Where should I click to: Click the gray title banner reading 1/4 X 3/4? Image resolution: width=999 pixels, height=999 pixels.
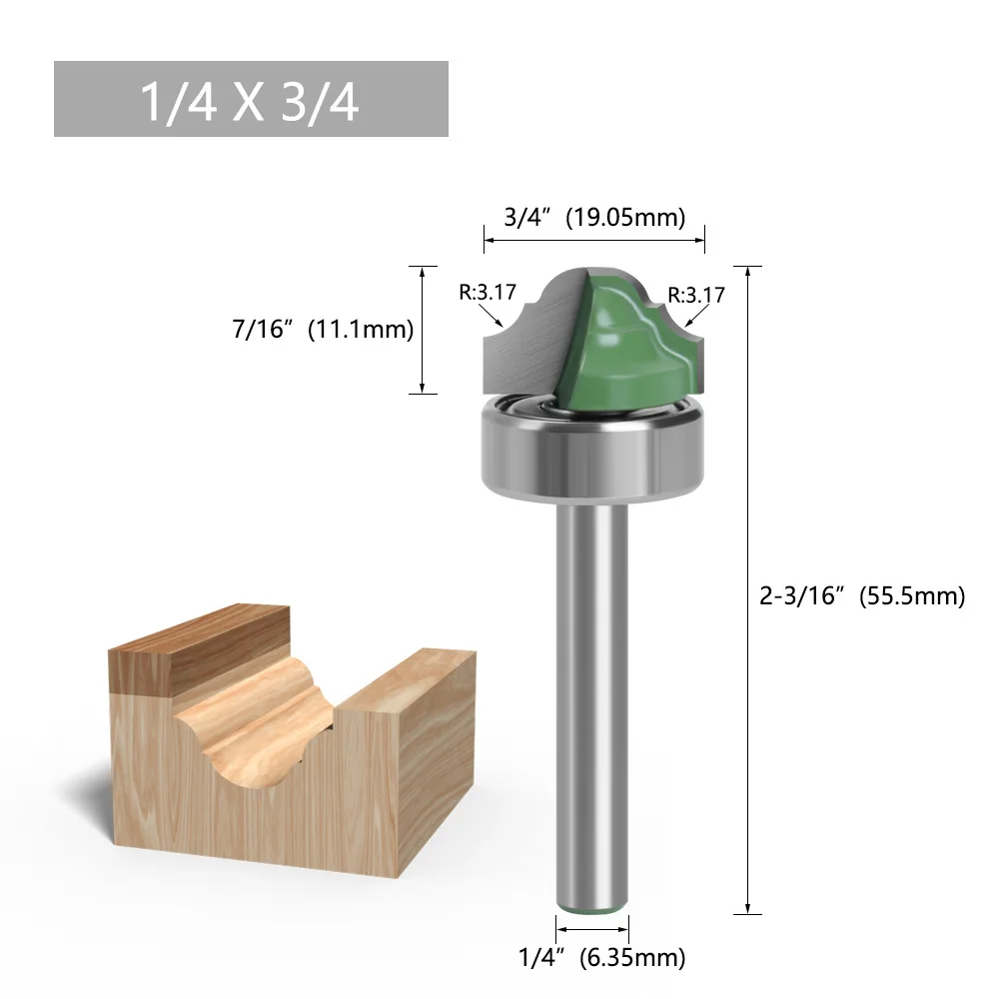[x=250, y=99]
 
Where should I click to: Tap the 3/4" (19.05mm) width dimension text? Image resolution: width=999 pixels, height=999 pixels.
[x=594, y=218]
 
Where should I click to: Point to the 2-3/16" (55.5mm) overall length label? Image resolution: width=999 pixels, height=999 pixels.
[x=862, y=596]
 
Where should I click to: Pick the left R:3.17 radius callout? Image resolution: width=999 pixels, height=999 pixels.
[x=488, y=293]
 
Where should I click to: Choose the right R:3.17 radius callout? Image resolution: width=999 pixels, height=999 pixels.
[x=696, y=295]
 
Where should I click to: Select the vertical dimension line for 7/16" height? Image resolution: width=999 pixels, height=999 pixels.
[x=424, y=330]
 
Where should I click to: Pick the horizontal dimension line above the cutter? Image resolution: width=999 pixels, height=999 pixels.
[x=594, y=239]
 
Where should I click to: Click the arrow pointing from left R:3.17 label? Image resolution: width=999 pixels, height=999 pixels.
[x=492, y=318]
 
